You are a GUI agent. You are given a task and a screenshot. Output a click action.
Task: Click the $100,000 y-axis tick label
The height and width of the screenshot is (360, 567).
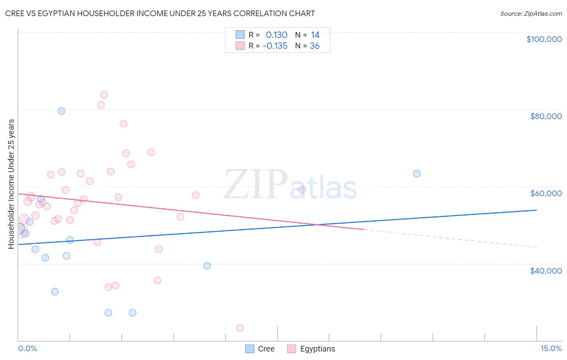[x=544, y=39]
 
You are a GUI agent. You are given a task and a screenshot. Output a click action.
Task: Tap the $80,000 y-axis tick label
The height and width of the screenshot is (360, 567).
[x=546, y=116]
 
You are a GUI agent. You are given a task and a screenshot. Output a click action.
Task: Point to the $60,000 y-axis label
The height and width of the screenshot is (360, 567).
[x=546, y=193]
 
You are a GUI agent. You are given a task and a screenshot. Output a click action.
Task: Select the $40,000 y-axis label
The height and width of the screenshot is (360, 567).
[x=546, y=271]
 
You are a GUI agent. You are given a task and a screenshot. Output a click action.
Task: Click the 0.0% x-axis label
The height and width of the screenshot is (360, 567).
[x=27, y=348]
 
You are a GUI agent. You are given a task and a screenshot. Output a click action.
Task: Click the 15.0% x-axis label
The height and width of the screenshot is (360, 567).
[x=551, y=348]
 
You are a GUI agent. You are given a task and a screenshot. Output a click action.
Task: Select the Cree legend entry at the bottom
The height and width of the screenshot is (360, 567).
[x=260, y=349]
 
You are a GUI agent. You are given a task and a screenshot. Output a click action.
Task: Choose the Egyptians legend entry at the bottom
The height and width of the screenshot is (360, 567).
[x=311, y=349]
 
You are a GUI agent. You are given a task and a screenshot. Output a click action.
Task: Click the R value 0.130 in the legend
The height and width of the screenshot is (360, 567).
[x=276, y=35]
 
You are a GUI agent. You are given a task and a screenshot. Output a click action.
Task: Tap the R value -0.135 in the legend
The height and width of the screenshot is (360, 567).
[x=275, y=46]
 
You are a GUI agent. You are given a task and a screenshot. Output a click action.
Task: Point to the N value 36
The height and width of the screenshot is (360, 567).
[x=315, y=46]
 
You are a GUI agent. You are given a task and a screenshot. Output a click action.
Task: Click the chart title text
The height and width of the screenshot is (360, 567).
[x=160, y=13]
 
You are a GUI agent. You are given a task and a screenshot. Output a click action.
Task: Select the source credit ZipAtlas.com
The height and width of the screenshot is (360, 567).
[x=531, y=14]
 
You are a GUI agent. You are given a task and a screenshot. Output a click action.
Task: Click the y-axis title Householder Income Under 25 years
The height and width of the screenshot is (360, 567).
[x=11, y=184]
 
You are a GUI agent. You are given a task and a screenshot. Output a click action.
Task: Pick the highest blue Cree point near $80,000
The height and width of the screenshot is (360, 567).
[x=61, y=111]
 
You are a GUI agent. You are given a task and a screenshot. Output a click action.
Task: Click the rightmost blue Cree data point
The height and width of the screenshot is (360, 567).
[x=417, y=174]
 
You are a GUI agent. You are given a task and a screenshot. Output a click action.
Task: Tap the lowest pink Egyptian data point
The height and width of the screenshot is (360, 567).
[x=240, y=328]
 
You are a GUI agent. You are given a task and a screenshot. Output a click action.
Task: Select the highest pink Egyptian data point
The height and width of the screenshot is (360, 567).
[x=104, y=95]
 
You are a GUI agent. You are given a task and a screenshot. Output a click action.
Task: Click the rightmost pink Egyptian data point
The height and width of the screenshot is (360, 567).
[x=302, y=190]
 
